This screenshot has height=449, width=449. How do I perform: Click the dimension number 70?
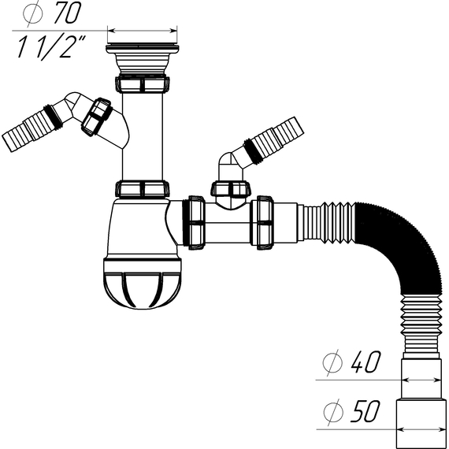(x=68, y=13)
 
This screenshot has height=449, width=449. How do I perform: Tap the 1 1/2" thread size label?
(x=50, y=47)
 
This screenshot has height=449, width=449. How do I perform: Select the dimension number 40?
(x=366, y=362)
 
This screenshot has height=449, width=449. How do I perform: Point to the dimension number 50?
(x=366, y=411)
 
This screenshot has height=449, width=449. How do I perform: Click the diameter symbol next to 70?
(x=32, y=13)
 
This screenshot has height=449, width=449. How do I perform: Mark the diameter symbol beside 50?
(x=333, y=412)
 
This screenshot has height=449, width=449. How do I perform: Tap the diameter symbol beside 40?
(x=332, y=362)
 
